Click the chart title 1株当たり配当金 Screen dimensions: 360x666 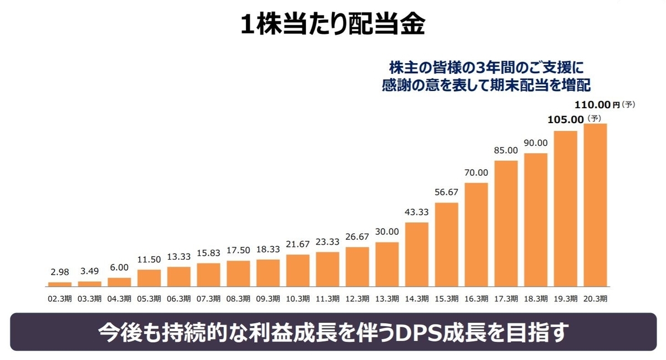333,26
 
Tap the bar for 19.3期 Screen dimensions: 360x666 566,208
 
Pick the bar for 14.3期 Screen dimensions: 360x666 417,254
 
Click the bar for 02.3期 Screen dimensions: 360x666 60,283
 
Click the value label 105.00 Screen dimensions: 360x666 566,119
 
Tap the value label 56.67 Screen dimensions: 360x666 447,192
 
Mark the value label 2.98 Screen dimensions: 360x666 60,272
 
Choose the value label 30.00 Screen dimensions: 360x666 387,232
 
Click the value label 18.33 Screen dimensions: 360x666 268,249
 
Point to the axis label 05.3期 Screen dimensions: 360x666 149,298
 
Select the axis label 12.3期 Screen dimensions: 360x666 357,298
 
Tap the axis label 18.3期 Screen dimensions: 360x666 536,298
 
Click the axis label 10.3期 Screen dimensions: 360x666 298,298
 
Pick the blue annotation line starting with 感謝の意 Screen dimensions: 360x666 486,85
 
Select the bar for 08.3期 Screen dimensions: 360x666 238,273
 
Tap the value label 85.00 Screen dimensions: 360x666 506,150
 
